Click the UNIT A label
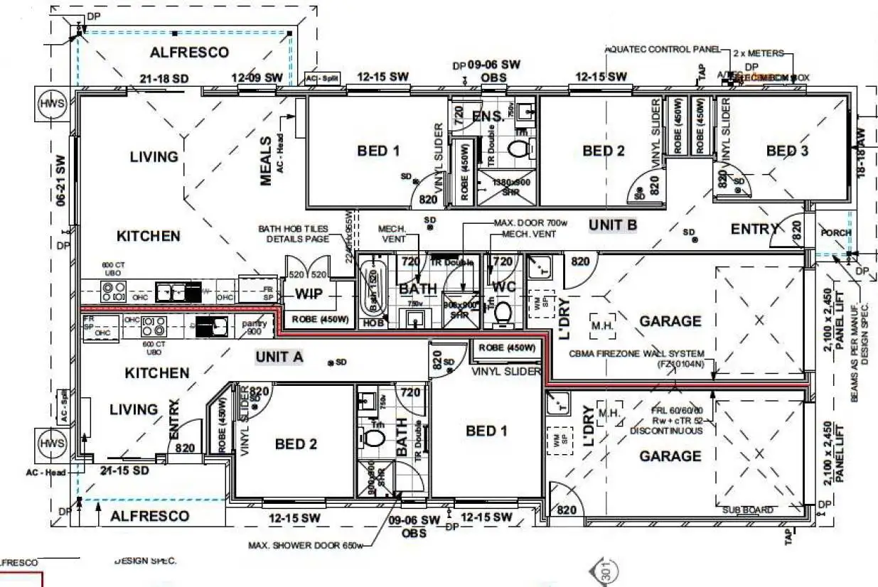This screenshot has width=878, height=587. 279,357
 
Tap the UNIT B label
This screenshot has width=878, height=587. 612,225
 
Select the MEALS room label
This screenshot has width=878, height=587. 267,161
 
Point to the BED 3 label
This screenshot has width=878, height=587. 787,151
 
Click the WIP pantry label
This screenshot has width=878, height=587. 309,293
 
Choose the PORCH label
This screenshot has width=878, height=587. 835,233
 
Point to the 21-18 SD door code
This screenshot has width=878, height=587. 164,78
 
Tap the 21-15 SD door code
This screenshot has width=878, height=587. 124,471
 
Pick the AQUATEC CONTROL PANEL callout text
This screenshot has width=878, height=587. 658,50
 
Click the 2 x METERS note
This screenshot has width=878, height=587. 758,53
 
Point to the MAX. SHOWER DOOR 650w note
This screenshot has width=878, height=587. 306,546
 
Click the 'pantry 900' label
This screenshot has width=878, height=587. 255,328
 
